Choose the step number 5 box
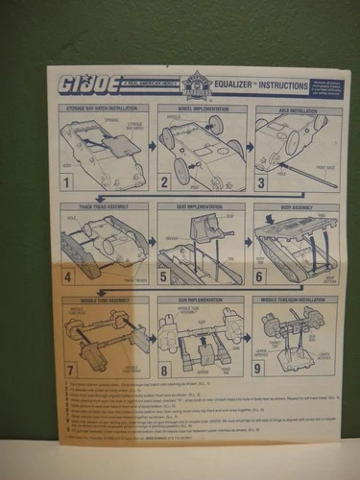pos(164,278)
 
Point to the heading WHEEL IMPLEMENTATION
pos(200,108)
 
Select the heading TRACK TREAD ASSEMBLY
pos(104,205)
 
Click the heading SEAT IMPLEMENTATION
pos(200,205)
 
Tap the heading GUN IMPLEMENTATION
pos(200,300)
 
